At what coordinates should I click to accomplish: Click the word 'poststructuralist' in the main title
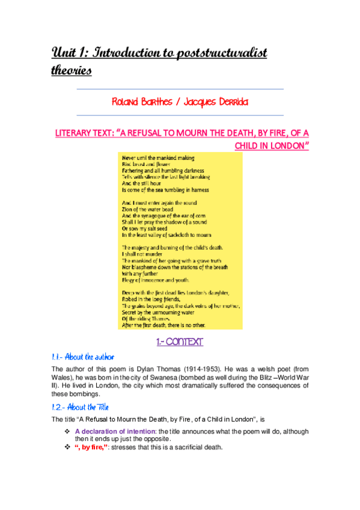[x=222, y=54]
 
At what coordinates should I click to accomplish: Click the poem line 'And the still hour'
[x=143, y=183]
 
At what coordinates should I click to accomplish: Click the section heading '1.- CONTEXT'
[x=180, y=342]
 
